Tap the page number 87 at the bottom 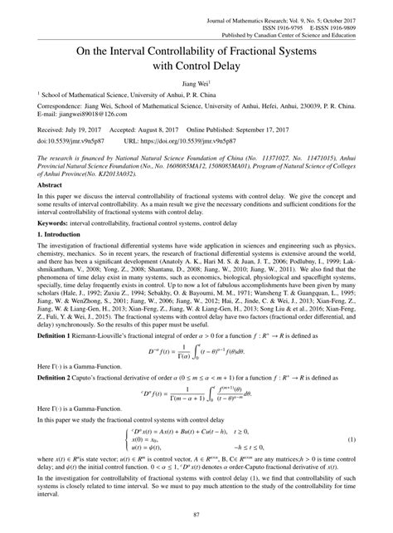(x=196, y=519)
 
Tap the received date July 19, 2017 (x=73, y=131)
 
